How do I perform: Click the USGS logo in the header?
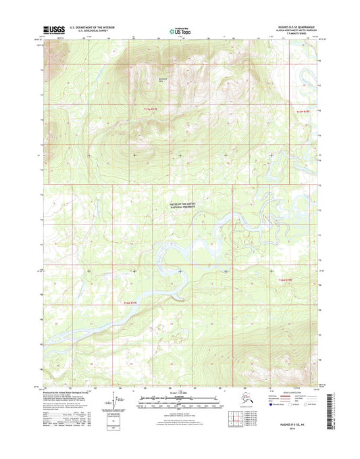coord(53,30)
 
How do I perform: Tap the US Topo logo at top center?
coord(178,30)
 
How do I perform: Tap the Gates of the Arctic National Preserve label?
coord(180,205)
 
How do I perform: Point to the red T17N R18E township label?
coord(305,108)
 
